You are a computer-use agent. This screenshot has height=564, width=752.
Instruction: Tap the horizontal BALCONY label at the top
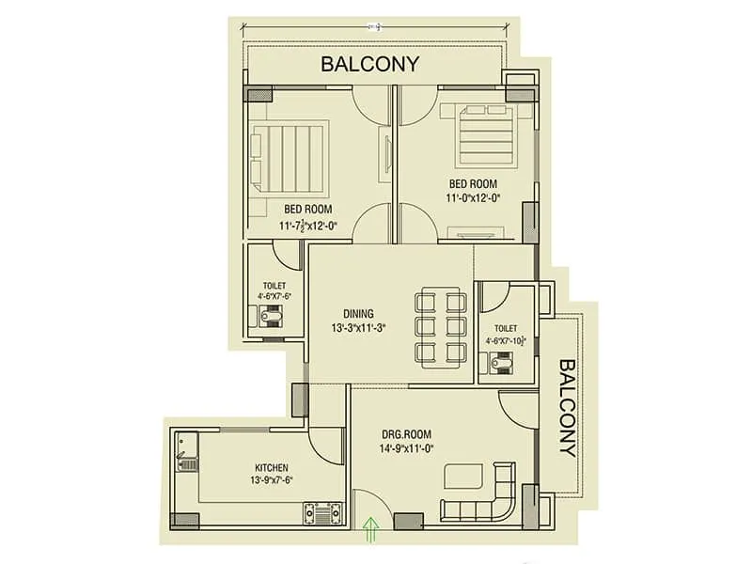pos(369,65)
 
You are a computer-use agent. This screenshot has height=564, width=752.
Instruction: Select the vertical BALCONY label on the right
pos(567,406)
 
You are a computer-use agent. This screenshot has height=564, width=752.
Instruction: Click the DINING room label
pos(358,314)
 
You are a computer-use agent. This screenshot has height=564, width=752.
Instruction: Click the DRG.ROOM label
pos(405,434)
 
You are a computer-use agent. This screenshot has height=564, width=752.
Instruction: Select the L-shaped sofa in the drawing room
pos(479,503)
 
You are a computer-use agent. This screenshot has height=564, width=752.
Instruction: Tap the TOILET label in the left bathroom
pos(274,286)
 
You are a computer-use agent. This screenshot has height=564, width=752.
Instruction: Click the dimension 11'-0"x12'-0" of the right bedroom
pos(473,197)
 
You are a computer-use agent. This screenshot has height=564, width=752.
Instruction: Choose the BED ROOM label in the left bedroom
pos(307,209)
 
